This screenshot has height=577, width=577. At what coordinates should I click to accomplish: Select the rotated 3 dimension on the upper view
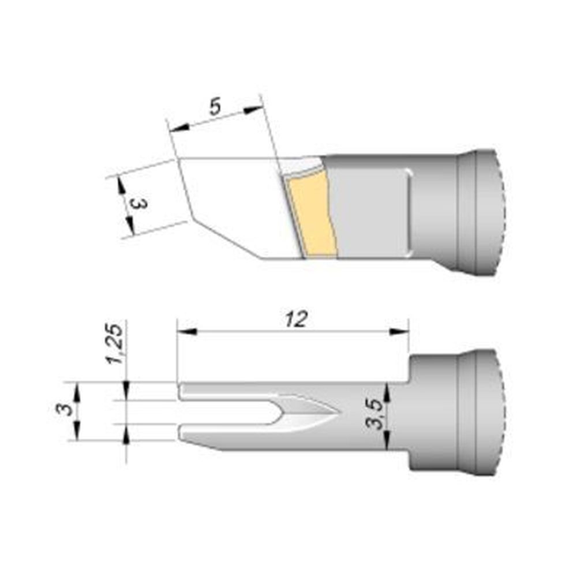[138, 204]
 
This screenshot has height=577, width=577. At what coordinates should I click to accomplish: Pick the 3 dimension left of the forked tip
[67, 410]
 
